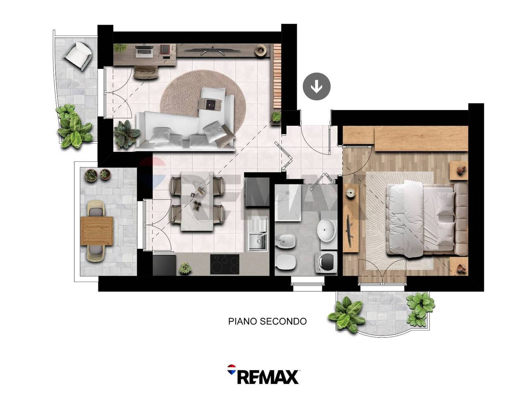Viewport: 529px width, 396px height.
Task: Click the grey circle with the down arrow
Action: [x=317, y=86]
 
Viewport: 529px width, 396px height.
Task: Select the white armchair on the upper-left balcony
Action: [x=78, y=56]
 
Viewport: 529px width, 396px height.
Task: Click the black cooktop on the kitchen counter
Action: [x=224, y=264]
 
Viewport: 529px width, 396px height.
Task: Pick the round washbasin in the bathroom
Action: [x=326, y=230]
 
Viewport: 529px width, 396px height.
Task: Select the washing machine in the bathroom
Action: [x=326, y=262]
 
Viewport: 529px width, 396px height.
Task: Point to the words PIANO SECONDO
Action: [x=267, y=321]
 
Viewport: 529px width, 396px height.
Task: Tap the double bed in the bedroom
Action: [x=427, y=219]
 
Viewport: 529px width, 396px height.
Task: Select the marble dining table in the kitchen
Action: [x=197, y=201]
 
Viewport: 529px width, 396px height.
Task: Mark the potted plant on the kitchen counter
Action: [x=185, y=268]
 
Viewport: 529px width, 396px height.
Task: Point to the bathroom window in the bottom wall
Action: [x=307, y=284]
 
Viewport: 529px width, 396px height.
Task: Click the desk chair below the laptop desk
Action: [x=146, y=73]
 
